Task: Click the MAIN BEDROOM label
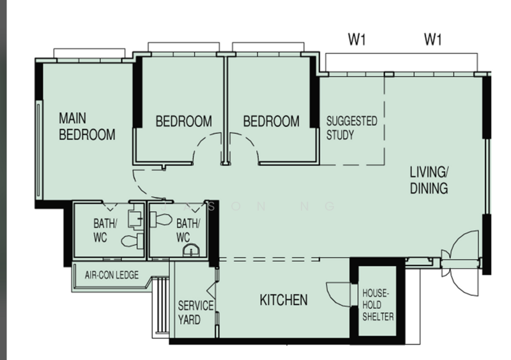(x=87, y=126)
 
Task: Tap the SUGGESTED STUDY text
(x=352, y=128)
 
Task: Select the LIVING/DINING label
(x=429, y=180)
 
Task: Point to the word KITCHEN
(x=284, y=300)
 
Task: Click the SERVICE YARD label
(x=195, y=312)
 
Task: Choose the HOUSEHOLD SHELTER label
(x=378, y=304)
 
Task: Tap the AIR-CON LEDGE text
(x=111, y=275)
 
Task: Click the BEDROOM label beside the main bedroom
(x=184, y=121)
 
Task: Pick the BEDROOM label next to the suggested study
(x=271, y=121)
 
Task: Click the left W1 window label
(x=357, y=40)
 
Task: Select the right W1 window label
(x=433, y=40)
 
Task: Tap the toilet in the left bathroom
(x=132, y=241)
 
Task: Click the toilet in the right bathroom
(x=161, y=220)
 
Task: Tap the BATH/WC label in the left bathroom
(x=105, y=230)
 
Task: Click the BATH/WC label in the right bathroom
(x=188, y=230)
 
